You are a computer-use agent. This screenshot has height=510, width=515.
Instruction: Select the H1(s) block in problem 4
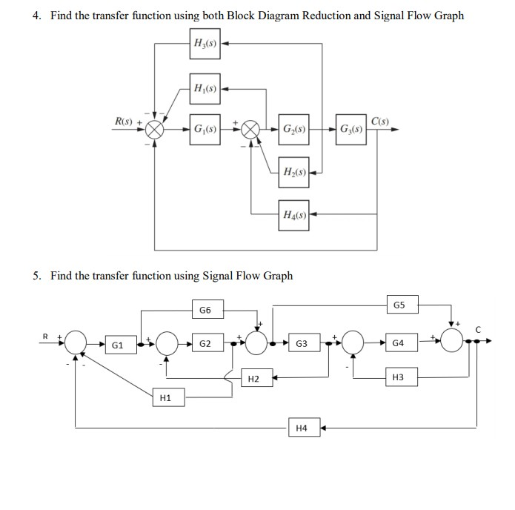(205, 89)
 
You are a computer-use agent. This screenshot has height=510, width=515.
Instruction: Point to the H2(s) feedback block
(294, 172)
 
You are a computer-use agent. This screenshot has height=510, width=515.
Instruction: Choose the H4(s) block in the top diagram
(294, 215)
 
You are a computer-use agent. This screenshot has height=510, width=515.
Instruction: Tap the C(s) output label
(380, 122)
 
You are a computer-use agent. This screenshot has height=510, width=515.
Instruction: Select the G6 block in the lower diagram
(205, 308)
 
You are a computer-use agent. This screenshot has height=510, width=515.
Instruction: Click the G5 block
(399, 304)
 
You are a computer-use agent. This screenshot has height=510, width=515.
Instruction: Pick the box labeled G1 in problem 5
(117, 345)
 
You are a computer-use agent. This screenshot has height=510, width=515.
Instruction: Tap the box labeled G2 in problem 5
(205, 344)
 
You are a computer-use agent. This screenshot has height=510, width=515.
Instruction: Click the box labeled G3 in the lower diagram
(302, 344)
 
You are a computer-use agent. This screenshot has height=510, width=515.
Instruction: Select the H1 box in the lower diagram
(165, 398)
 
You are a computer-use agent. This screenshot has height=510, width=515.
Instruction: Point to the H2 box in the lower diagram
(253, 379)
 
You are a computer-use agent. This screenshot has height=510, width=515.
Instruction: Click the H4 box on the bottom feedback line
(301, 428)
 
